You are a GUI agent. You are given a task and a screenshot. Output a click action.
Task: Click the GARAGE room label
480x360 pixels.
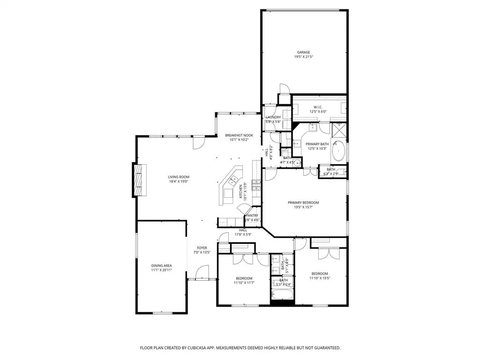[304, 52]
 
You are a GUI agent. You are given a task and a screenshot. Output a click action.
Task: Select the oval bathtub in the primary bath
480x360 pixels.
[338, 152]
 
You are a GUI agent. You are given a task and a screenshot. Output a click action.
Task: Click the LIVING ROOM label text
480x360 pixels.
[179, 177]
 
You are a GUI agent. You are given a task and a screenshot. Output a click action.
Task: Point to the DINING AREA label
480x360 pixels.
[161, 265]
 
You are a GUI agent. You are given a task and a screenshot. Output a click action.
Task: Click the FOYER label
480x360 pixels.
[202, 248]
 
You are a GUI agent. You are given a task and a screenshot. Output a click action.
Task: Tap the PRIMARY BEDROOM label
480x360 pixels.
[303, 202]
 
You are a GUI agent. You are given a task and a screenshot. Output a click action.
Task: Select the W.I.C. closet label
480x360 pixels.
[318, 107]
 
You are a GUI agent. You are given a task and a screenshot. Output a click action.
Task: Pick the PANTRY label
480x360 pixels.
[253, 216]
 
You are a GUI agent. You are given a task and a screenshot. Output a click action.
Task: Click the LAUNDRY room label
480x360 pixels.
[273, 117]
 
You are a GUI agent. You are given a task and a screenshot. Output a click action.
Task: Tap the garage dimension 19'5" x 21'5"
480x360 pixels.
[304, 57]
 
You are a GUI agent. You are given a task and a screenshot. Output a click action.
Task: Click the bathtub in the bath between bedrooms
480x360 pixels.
[282, 295]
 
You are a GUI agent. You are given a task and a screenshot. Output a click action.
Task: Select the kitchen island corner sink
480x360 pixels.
[233, 179]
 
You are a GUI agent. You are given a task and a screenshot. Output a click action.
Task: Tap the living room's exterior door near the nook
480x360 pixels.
[198, 142]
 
